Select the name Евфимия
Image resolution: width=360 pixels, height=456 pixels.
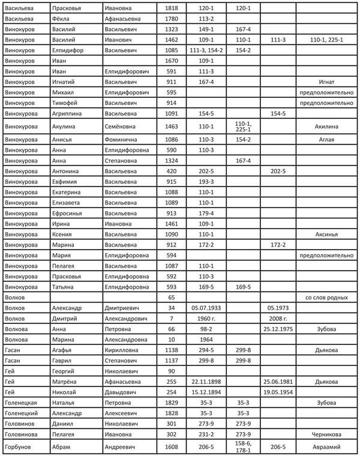(x=65, y=181)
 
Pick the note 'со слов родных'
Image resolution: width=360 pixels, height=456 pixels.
(x=326, y=297)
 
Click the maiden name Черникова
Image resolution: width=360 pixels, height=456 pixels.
(x=326, y=434)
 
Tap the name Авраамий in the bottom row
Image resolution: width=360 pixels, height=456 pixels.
(x=326, y=448)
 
